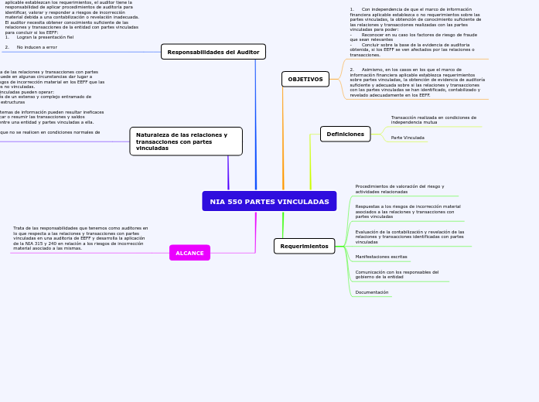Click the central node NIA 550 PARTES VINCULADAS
pos(269,202)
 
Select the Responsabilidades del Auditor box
pos(213,52)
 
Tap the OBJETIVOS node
pos(305,79)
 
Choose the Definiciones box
pos(345,134)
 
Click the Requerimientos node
pos(304,246)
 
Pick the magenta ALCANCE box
pos(189,253)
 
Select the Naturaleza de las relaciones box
pos(186,141)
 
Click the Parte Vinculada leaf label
pos(408,138)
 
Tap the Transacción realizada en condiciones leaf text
pos(433,120)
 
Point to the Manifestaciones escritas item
pos(381,256)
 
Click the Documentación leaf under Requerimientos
pos(372,292)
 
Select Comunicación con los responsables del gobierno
pos(397,274)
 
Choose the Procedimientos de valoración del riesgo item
pos(399,189)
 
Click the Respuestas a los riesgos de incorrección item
pos(408,211)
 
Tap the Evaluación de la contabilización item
pos(409,237)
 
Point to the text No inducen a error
pos(37,47)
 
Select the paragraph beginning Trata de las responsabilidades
pos(80,238)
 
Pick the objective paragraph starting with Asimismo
pos(417,82)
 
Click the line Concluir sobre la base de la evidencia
pos(414,46)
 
